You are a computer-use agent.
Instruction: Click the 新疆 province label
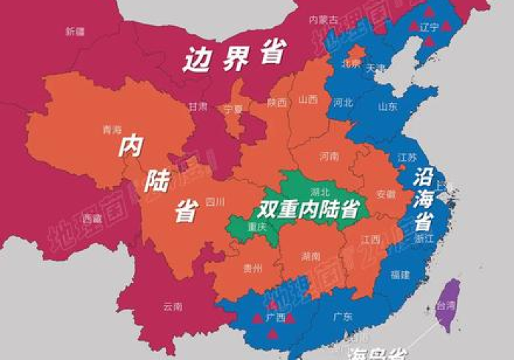click(x=75, y=32)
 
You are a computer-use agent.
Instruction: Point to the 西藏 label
click(x=93, y=218)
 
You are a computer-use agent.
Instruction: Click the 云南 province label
click(x=173, y=306)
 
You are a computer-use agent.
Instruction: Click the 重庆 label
click(x=257, y=226)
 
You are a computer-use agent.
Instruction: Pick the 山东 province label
click(x=388, y=107)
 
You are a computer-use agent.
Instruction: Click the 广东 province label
click(x=343, y=317)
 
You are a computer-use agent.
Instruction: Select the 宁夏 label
click(x=233, y=109)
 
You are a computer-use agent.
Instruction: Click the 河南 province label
click(x=330, y=156)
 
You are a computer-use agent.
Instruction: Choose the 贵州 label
click(x=252, y=269)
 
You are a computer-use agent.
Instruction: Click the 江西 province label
click(x=371, y=240)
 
